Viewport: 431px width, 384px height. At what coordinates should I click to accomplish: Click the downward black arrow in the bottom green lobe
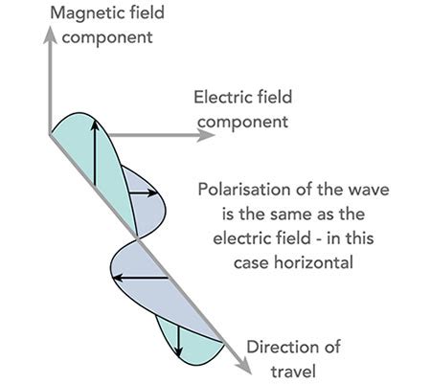click(179, 334)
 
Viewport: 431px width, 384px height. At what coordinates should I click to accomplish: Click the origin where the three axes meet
click(47, 136)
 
